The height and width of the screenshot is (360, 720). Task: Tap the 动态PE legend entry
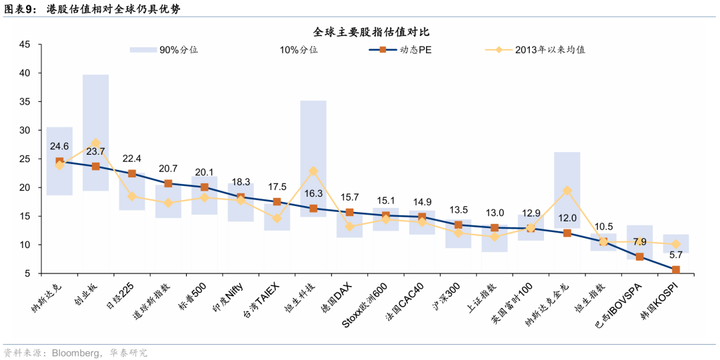(400, 50)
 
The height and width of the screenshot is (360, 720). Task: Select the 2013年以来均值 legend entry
(535, 50)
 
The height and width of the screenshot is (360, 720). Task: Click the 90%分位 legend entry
(164, 50)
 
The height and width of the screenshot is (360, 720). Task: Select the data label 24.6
(60, 147)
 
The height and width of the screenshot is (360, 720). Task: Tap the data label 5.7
(675, 255)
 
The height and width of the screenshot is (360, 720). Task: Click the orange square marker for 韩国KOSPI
(675, 269)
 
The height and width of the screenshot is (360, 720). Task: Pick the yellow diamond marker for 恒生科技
(313, 171)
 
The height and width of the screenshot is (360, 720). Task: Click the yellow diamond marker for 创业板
(95, 143)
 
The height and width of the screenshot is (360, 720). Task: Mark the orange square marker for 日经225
(132, 173)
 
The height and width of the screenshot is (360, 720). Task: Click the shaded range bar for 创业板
(95, 133)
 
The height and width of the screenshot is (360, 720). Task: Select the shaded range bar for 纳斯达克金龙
(567, 190)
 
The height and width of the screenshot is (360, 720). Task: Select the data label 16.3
(313, 193)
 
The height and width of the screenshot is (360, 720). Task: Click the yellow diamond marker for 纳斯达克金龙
(567, 191)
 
